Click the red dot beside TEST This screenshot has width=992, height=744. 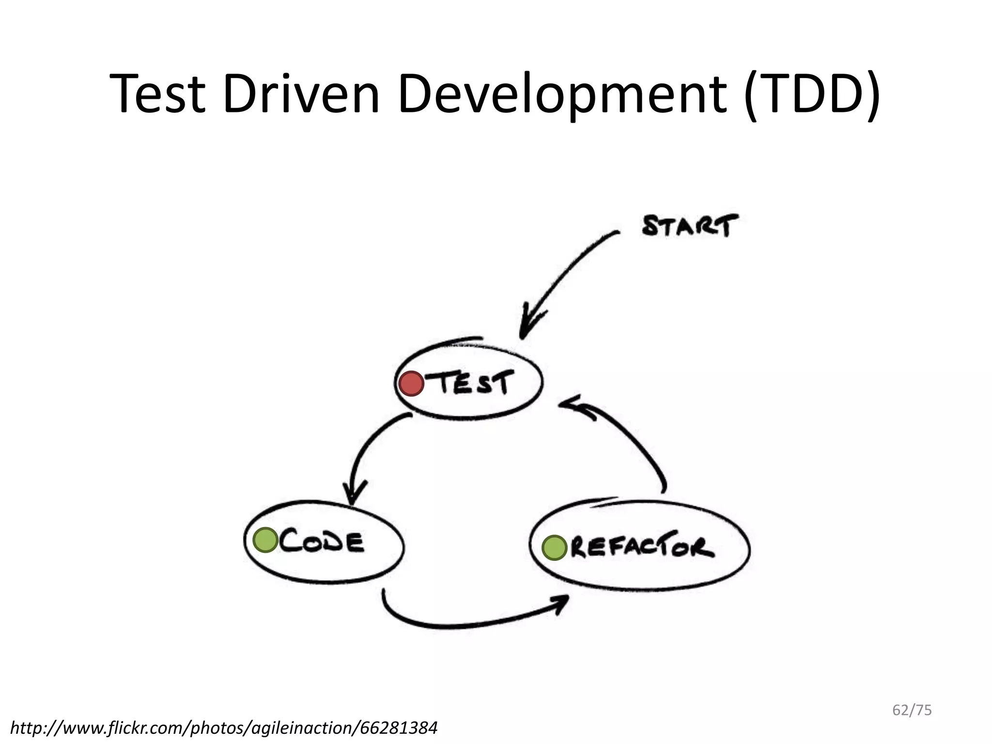click(411, 384)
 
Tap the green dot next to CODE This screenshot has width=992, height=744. click(265, 540)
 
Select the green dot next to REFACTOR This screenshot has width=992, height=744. click(554, 548)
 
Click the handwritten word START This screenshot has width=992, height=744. click(690, 226)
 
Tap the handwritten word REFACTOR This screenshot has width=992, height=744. click(642, 548)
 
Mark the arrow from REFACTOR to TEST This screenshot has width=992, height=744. click(630, 441)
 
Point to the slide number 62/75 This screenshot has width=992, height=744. click(912, 710)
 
